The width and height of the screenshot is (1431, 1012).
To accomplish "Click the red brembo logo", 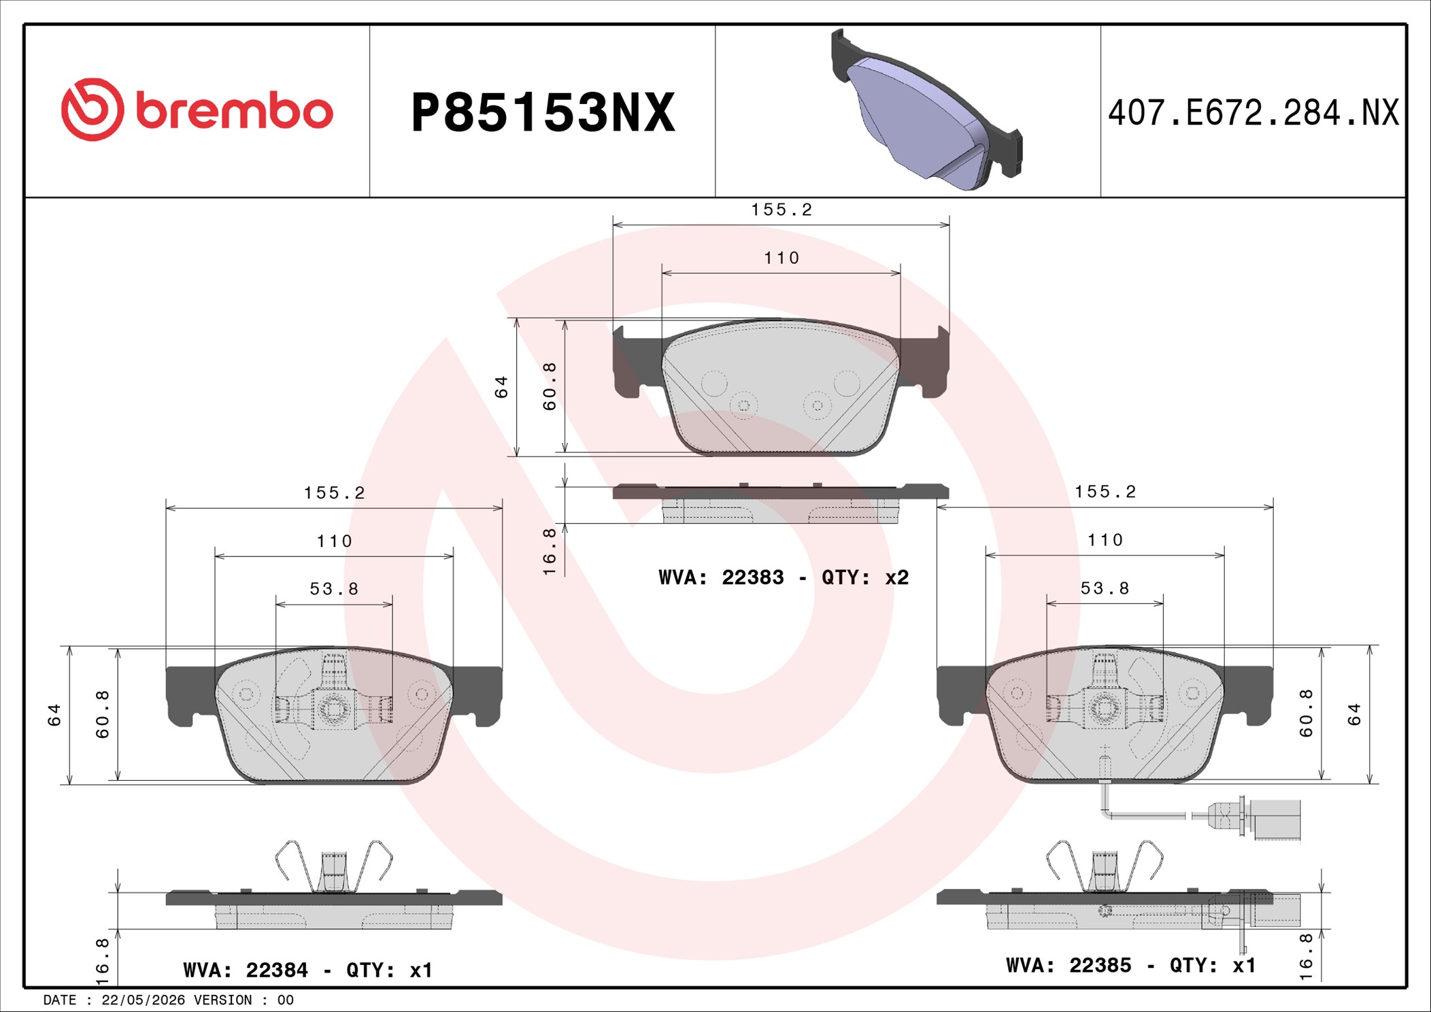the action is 197,110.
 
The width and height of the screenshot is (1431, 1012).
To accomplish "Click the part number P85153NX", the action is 543,112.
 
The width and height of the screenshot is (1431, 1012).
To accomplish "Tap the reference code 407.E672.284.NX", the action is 1253,113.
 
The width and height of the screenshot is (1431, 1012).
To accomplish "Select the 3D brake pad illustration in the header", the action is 926,109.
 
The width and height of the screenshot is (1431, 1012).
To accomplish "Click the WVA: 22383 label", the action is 721,577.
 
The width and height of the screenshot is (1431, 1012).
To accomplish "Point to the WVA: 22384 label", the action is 246,970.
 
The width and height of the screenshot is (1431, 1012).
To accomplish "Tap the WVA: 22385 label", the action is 1069,965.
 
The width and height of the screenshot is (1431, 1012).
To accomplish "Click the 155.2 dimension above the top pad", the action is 781,209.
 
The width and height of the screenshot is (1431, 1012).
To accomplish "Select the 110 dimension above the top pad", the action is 781,258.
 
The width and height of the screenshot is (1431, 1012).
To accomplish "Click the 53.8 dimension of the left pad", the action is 334,588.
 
